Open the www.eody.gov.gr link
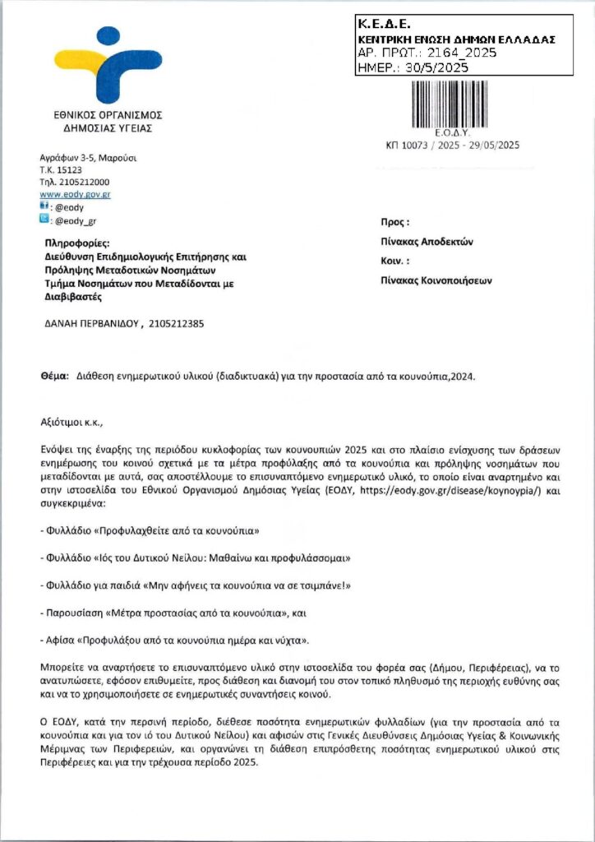pyautogui.click(x=76, y=195)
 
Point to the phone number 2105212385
pyautogui.click(x=177, y=323)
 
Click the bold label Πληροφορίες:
pyautogui.click(x=82, y=243)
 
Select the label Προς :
pyautogui.click(x=394, y=222)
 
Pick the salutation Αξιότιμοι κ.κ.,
pyautogui.click(x=73, y=422)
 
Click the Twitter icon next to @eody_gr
pyautogui.click(x=45, y=220)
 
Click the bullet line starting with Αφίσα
pyautogui.click(x=176, y=639)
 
